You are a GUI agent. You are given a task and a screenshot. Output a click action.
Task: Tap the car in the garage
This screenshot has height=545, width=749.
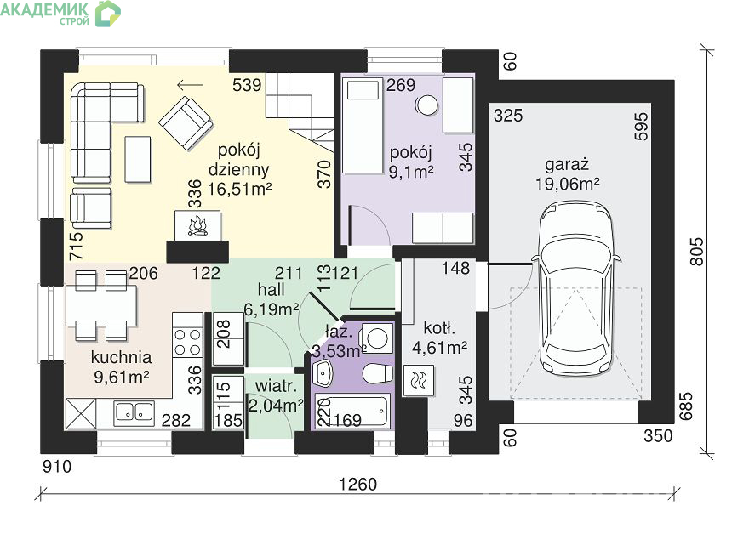point(576,290)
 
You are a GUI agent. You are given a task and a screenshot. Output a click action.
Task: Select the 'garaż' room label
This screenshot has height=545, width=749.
point(567,165)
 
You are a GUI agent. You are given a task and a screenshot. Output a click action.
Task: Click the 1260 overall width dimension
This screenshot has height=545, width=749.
point(357,485)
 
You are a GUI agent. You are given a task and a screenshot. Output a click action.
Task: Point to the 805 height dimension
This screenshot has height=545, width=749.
point(697,252)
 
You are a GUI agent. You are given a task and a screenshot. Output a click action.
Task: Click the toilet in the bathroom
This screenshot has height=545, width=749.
point(378,373)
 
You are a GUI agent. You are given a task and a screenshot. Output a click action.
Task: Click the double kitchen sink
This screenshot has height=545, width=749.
point(134,412)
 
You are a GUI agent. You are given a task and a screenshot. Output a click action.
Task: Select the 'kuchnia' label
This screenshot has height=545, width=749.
point(122,357)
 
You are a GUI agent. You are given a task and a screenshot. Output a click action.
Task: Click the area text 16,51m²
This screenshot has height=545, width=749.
point(239,189)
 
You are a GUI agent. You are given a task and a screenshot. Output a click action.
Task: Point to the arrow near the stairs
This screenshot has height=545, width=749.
point(190,85)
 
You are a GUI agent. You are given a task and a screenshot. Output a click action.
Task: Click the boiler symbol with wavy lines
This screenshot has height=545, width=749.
point(419,381)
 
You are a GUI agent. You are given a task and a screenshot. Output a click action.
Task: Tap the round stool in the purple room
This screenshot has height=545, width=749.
point(426,105)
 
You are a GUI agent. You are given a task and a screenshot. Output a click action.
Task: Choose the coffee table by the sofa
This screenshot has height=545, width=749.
point(138,159)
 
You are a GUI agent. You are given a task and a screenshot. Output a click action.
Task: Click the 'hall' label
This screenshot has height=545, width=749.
point(271,290)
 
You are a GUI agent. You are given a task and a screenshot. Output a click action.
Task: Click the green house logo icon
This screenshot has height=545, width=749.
point(108,14)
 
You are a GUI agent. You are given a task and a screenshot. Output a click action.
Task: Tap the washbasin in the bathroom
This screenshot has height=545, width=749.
point(323,373)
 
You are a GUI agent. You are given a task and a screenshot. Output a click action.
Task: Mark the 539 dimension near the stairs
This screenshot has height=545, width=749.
point(247,85)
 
